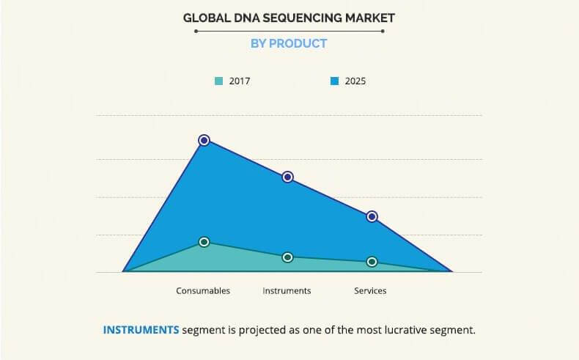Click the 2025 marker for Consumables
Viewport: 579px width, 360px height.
click(x=204, y=140)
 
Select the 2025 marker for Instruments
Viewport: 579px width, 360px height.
click(x=288, y=177)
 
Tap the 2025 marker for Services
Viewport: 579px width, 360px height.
click(x=372, y=216)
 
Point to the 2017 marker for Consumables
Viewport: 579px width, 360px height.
click(x=204, y=242)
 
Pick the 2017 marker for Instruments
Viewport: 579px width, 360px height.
click(x=288, y=257)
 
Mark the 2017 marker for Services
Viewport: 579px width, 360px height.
click(x=372, y=262)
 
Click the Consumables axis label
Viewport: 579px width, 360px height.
click(x=203, y=291)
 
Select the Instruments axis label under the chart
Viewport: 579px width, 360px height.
click(x=287, y=291)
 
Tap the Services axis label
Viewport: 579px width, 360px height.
click(x=370, y=291)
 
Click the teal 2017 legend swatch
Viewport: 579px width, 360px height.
click(x=218, y=81)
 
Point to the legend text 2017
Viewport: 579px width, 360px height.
click(x=239, y=81)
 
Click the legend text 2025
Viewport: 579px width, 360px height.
click(x=355, y=81)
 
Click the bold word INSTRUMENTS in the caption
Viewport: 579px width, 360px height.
click(x=141, y=329)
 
